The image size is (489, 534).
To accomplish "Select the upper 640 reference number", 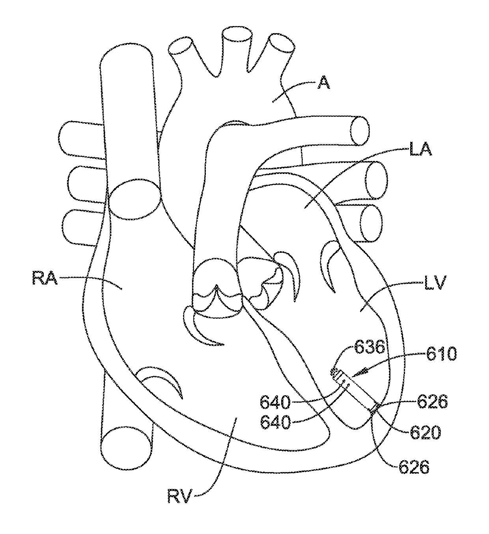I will pyautogui.click(x=275, y=403).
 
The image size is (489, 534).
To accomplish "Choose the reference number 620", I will pyautogui.click(x=425, y=433).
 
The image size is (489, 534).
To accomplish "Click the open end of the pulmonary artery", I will pyautogui.click(x=360, y=131).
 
